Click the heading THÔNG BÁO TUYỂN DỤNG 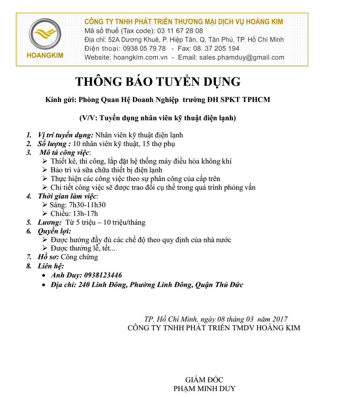158,82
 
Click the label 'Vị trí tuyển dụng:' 66,135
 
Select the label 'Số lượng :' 54,144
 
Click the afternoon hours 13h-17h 85,214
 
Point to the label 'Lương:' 50,222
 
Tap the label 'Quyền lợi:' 55,231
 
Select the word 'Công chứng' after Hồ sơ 79,257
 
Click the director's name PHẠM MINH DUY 204,389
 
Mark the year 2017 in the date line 280,319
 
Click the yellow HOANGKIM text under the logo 45,56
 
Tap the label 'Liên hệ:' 51,266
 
